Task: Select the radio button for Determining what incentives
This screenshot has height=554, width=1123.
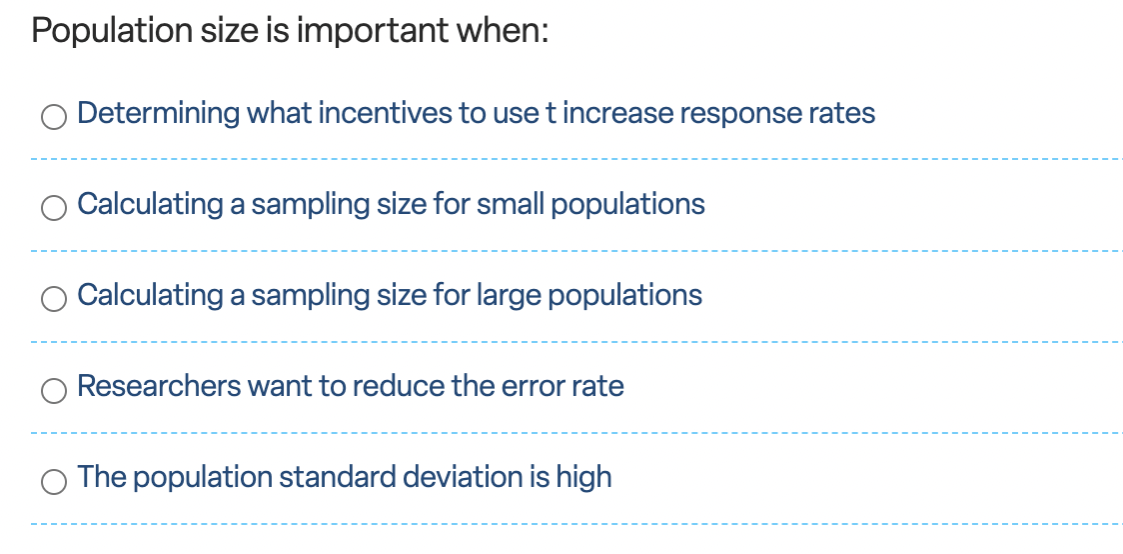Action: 53,118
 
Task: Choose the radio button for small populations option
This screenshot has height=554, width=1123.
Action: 53,208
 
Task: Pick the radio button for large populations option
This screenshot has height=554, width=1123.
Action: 53,298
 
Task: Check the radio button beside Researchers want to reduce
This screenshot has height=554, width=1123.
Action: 53,390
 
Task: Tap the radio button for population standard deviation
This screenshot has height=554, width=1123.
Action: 53,481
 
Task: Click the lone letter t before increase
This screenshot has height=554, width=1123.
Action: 550,114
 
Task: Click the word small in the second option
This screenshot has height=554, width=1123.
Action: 510,204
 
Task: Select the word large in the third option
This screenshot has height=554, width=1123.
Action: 509,295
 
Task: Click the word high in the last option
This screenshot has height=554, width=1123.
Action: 583,477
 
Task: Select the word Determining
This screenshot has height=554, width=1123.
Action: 158,114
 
